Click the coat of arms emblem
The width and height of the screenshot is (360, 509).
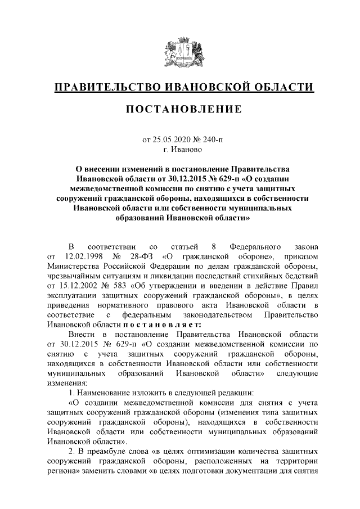click(x=179, y=53)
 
